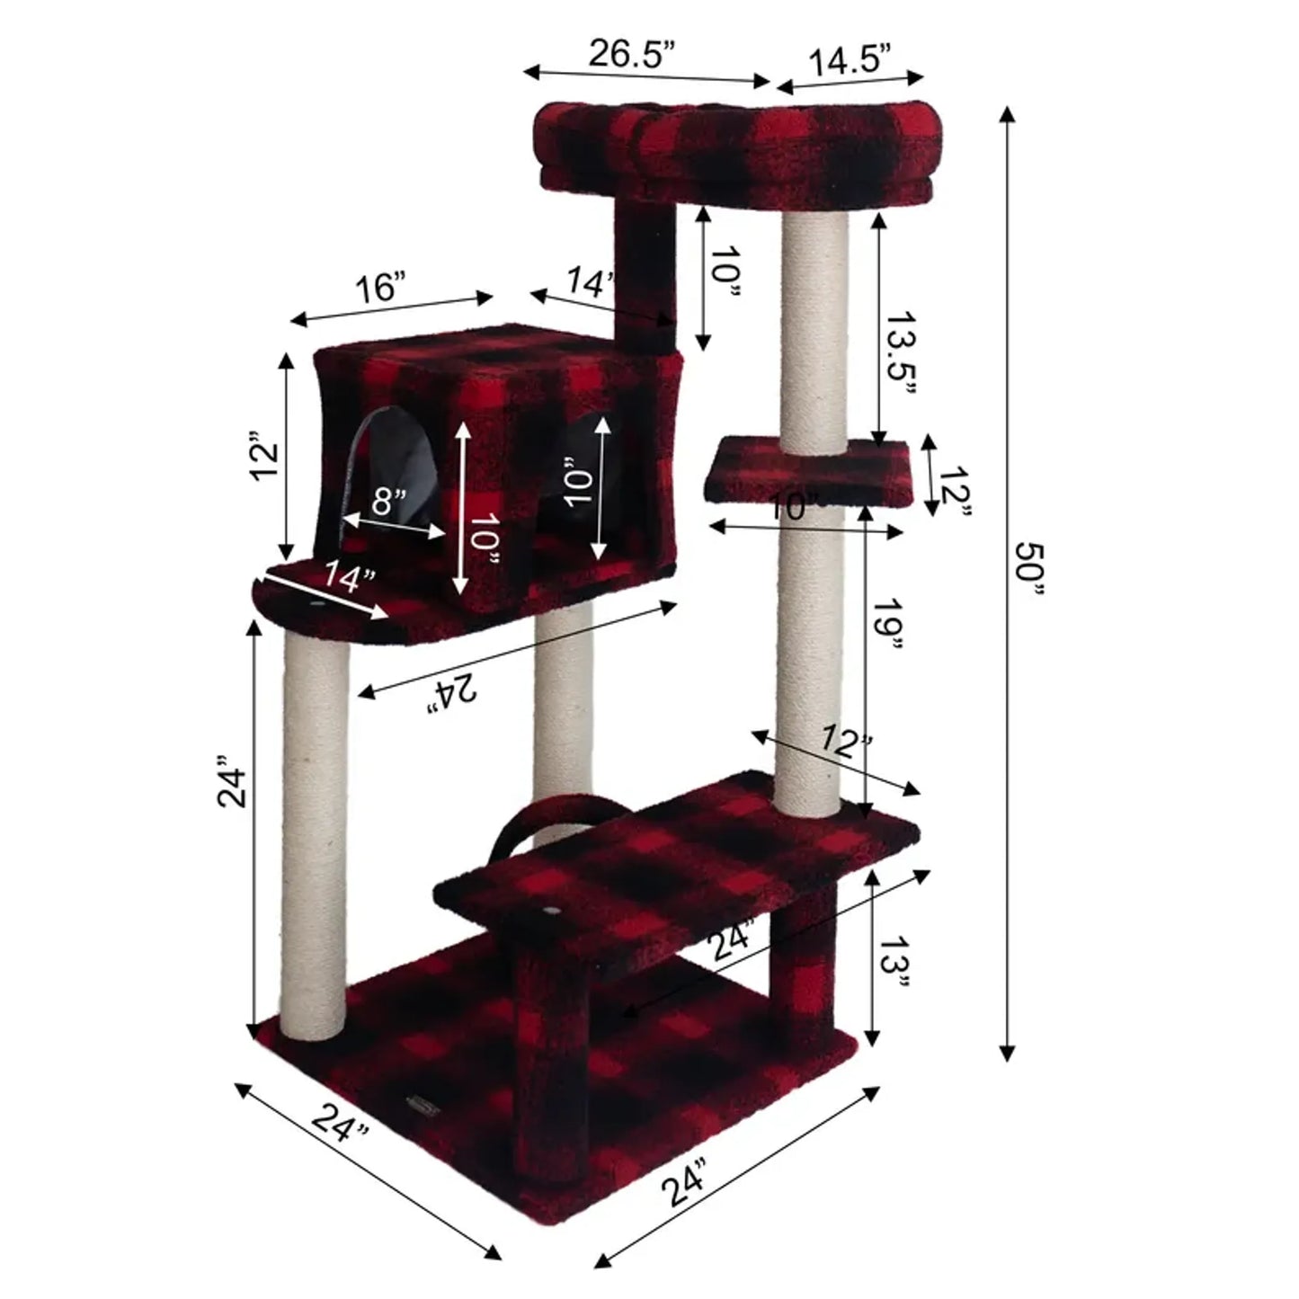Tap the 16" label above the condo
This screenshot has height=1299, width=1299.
(x=378, y=289)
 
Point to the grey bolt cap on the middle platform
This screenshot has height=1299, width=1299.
(x=549, y=912)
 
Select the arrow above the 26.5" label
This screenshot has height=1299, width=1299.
(x=647, y=76)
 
